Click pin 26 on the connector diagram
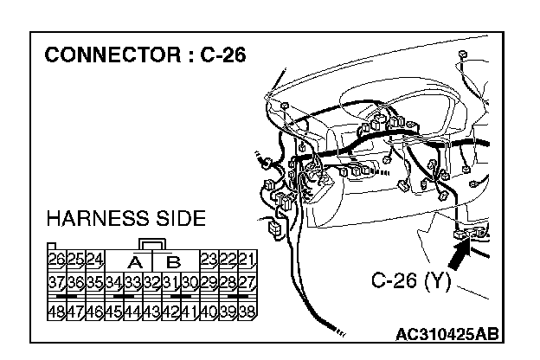57,260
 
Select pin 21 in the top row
247,260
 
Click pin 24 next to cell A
95,260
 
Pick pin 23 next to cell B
209,260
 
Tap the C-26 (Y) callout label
411,281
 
